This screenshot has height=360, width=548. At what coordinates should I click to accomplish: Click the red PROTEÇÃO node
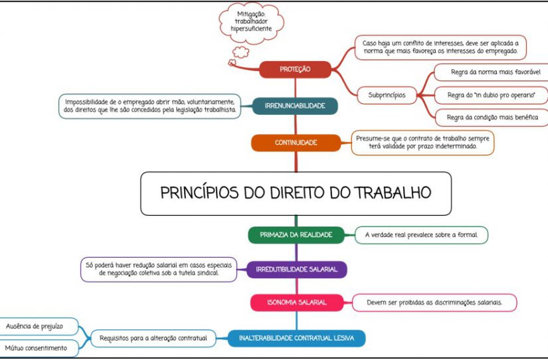(295, 69)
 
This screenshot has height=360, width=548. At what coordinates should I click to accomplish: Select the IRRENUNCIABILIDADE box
(295, 106)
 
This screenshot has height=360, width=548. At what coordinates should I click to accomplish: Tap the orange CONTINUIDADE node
(296, 143)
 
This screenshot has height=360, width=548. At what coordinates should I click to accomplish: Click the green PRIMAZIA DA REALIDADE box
(296, 235)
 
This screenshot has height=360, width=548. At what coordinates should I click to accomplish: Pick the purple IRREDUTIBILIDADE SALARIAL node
(297, 270)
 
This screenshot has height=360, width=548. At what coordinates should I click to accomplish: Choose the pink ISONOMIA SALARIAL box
(297, 302)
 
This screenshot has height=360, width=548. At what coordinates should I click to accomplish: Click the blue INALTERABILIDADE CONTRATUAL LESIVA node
(296, 338)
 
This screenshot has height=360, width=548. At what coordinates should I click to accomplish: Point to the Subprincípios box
(387, 95)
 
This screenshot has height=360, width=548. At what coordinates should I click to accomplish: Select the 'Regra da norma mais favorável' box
(491, 72)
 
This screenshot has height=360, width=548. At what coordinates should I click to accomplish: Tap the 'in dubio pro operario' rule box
(491, 95)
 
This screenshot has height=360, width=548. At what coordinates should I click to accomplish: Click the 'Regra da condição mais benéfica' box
(492, 118)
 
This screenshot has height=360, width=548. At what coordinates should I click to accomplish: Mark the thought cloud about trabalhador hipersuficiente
(251, 23)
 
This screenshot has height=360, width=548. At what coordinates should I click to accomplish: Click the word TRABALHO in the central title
(393, 193)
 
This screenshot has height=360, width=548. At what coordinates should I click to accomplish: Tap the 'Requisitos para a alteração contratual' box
(153, 338)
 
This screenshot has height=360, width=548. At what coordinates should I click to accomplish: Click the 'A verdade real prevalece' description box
(421, 235)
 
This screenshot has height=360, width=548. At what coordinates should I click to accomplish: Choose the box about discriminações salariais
(434, 303)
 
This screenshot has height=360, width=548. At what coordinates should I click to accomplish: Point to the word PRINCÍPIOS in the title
(199, 193)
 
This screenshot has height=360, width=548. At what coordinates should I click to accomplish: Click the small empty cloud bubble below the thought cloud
(241, 52)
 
